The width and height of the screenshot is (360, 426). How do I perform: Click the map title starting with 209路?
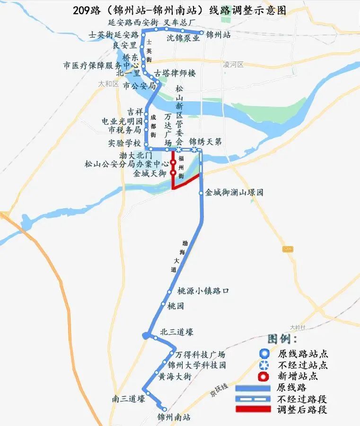180,10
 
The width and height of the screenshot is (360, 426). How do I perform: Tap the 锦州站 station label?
218,34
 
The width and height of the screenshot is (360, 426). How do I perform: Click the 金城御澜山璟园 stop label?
234,193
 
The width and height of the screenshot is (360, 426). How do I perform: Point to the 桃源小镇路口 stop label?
203,291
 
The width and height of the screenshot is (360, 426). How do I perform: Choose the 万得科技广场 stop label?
200,355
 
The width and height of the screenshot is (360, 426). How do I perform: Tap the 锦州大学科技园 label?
197,365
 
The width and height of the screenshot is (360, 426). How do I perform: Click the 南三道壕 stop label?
128,399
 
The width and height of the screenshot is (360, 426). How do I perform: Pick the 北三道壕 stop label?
177,332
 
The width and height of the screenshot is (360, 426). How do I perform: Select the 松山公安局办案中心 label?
126,164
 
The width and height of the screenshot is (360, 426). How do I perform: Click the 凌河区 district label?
233,64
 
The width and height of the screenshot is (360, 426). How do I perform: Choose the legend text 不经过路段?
302,399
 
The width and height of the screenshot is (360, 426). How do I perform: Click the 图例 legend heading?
282,339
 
